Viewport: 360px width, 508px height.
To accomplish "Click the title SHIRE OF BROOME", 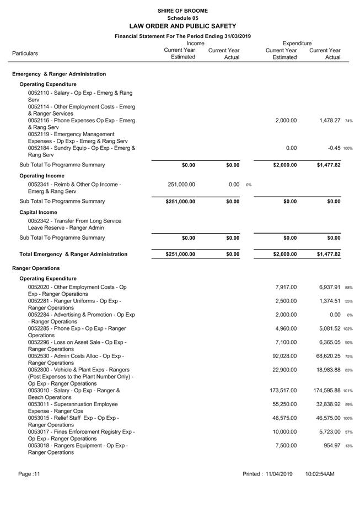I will click(182, 10).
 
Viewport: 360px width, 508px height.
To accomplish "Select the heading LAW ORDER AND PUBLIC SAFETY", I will click(182, 26).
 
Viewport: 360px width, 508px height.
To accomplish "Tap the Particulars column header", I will click(25, 53).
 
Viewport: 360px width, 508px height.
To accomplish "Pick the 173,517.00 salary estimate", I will click(282, 391).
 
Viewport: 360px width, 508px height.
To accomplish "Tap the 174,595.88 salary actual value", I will click(323, 391).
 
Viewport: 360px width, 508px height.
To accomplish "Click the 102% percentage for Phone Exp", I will click(348, 329).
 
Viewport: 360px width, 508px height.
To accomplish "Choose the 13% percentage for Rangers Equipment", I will click(349, 446).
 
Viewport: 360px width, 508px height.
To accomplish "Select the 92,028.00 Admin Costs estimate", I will click(284, 356).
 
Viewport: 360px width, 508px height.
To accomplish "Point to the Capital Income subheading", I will click(38, 212).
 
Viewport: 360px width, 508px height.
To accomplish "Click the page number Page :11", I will click(29, 474).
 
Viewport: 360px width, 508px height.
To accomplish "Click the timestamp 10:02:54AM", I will click(320, 474).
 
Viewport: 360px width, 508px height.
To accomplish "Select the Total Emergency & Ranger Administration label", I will click(73, 255).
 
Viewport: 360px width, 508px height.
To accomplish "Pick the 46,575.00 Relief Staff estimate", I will click(284, 418).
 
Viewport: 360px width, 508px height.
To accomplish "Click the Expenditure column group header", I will click(297, 43).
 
